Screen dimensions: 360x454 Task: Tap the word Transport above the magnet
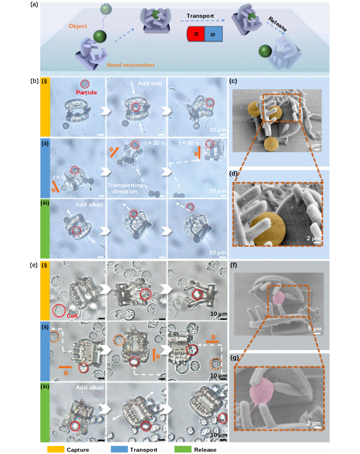tap(204, 17)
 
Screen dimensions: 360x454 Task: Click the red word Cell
tap(71, 315)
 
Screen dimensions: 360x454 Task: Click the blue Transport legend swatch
tap(120, 449)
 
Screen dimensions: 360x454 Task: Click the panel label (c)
tap(234, 82)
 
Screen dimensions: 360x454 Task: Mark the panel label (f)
tap(234, 265)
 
